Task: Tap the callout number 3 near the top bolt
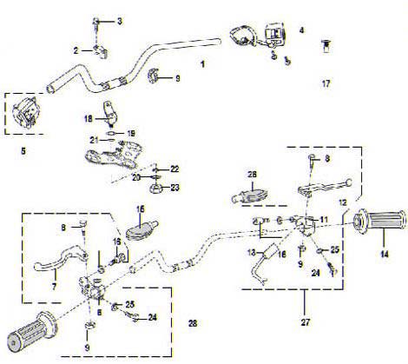click(x=120, y=21)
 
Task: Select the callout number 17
click(x=326, y=84)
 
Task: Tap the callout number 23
click(x=177, y=187)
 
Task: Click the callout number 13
click(x=247, y=251)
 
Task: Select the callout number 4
click(x=301, y=30)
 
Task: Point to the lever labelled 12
click(x=326, y=185)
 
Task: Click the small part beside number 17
click(x=327, y=43)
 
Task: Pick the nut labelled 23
click(x=158, y=187)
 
